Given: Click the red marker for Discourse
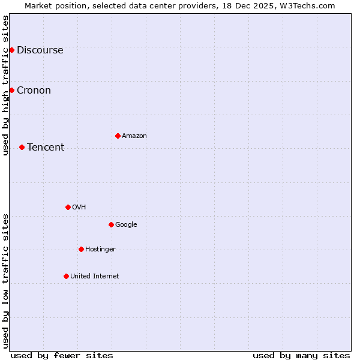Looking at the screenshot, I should [x=11, y=50].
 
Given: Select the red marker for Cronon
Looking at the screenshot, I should [x=11, y=90].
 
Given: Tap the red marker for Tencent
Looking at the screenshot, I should [x=22, y=147].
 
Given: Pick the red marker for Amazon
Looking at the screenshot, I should [x=118, y=136].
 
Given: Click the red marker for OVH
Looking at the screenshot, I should [x=68, y=207].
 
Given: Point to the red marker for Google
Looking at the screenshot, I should [x=111, y=224].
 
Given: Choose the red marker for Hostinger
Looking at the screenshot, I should [x=81, y=249].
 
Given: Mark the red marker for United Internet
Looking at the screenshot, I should [x=66, y=276].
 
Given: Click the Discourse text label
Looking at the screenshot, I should [x=40, y=50].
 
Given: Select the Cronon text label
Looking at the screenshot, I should [x=34, y=90].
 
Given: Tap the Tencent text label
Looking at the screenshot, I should [x=46, y=147].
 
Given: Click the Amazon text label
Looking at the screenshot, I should [x=134, y=136].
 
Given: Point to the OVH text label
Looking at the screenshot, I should [x=79, y=207].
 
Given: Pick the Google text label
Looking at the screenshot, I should [x=126, y=224].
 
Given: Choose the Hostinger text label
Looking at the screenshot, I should [x=100, y=249].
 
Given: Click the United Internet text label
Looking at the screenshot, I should [x=94, y=276].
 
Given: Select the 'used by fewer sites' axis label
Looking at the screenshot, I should [x=62, y=355].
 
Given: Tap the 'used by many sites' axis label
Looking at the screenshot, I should [x=301, y=355].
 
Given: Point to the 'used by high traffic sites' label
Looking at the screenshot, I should [x=5, y=85].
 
